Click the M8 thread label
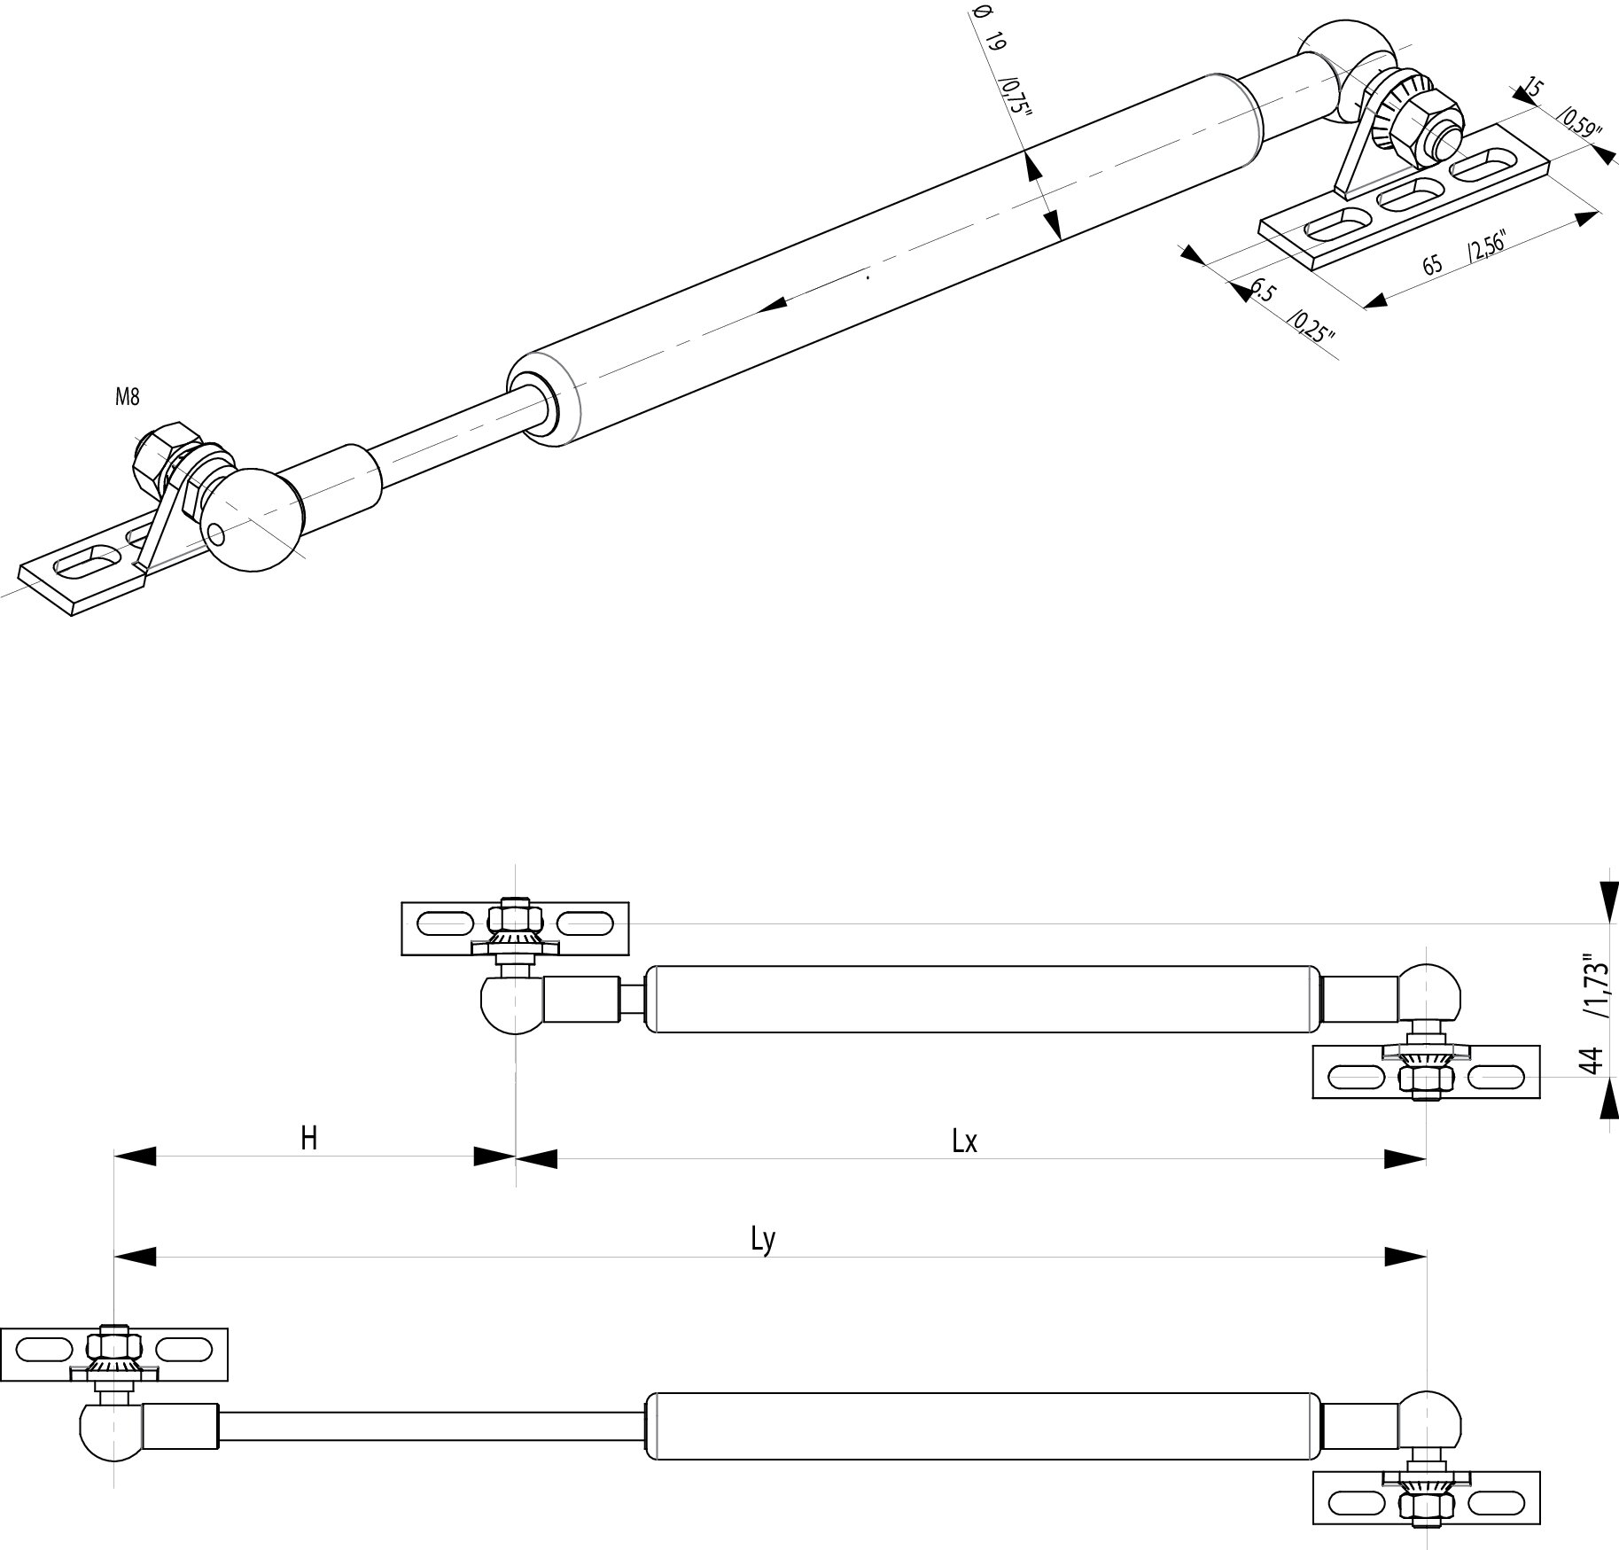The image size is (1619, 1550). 128,398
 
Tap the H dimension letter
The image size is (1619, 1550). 308,1138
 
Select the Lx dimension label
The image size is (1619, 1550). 964,1141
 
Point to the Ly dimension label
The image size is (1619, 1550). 763,1240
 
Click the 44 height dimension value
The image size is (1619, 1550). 1592,1060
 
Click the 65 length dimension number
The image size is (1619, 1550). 1432,263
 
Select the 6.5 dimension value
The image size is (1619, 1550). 1262,291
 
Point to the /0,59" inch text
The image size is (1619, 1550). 1578,122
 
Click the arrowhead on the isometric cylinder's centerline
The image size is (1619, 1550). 774,304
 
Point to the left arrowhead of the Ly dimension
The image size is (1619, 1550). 135,1256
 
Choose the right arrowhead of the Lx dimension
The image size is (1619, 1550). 1405,1158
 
